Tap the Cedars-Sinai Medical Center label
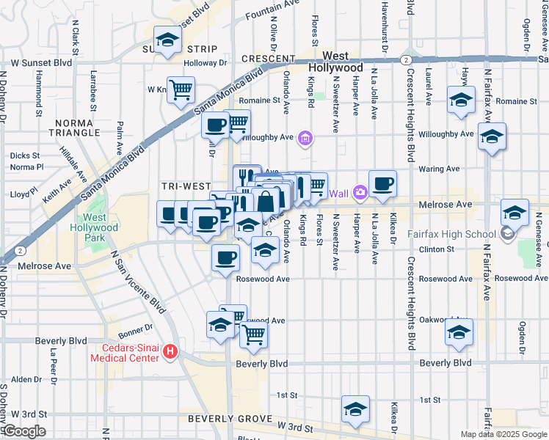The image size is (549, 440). pos(124,353)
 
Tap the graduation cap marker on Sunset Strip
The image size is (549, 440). pos(167,41)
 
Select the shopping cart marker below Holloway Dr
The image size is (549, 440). pos(181,91)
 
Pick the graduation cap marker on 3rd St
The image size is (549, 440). pos(355,410)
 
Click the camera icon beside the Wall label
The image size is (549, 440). pos(359,193)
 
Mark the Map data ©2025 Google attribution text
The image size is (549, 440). pos(503,434)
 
